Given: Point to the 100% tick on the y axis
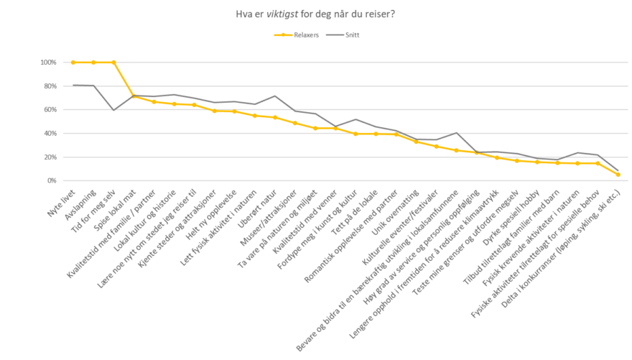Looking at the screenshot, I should click(48, 63).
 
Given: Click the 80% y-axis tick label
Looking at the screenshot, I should click(50, 86).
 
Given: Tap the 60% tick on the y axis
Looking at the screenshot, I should click(50, 110).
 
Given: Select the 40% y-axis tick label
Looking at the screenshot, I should click(50, 134).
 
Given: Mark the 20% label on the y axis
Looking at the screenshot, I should click(50, 157).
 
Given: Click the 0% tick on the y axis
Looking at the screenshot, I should click(52, 181).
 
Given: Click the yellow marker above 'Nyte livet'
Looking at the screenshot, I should click(73, 63).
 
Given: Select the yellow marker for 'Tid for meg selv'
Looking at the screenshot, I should click(113, 63).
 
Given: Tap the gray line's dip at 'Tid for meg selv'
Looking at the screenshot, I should click(113, 110).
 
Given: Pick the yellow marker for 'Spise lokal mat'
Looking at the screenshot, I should click(134, 96).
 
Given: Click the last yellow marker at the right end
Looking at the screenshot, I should click(618, 175).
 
